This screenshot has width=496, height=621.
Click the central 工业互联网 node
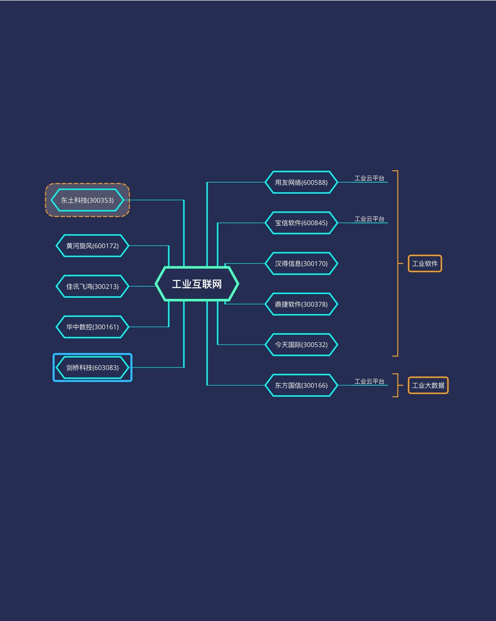pos(197,284)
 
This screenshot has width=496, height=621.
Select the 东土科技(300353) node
pos(87,200)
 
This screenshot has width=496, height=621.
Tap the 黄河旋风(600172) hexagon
pos(92,246)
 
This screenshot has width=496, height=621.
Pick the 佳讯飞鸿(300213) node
pos(92,286)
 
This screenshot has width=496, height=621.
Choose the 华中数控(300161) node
pos(92,327)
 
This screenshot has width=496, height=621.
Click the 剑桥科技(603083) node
pos(92,367)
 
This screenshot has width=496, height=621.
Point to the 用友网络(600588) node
pos(301,182)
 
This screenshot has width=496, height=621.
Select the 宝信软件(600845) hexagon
pos(301,223)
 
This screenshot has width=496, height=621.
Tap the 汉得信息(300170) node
pos(301,263)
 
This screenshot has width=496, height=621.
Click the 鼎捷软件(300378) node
pos(301,304)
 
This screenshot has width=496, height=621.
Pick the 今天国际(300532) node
pos(301,344)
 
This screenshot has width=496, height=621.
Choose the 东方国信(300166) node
pos(301,385)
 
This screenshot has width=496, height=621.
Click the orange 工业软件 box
pos(425,263)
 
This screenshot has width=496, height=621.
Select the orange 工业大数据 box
pos(428,385)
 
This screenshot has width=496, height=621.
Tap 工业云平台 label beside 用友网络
pos(369,178)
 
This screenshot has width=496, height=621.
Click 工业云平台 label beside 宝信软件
pos(369,219)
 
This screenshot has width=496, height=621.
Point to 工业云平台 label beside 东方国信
pos(369,382)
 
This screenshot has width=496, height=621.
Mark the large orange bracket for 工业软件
pos(398,263)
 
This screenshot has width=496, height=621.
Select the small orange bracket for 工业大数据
pos(398,385)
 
